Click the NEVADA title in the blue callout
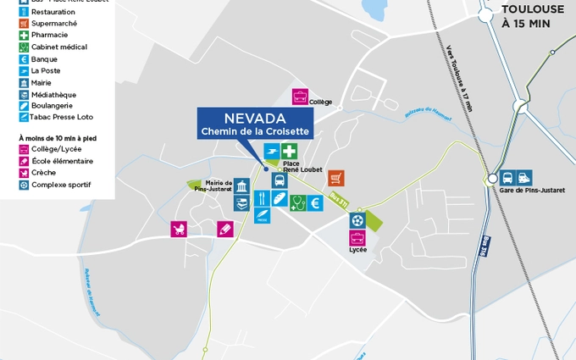pyautogui.click(x=253, y=118)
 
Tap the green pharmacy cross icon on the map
pyautogui.click(x=290, y=151)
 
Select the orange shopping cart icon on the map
pyautogui.click(x=336, y=178)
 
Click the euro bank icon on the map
pyautogui.click(x=314, y=202)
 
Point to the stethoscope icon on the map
pyautogui.click(x=297, y=202)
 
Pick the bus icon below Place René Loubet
pyautogui.click(x=279, y=180)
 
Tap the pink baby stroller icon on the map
pyautogui.click(x=179, y=229)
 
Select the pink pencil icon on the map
pyautogui.click(x=224, y=229)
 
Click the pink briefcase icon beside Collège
pyautogui.click(x=300, y=97)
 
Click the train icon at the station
pyautogui.click(x=524, y=178)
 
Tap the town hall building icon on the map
pyautogui.click(x=242, y=186)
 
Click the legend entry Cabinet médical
pyautogui.click(x=58, y=47)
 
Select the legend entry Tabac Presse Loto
pyautogui.click(x=62, y=117)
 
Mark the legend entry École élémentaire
pyautogui.click(x=62, y=161)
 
